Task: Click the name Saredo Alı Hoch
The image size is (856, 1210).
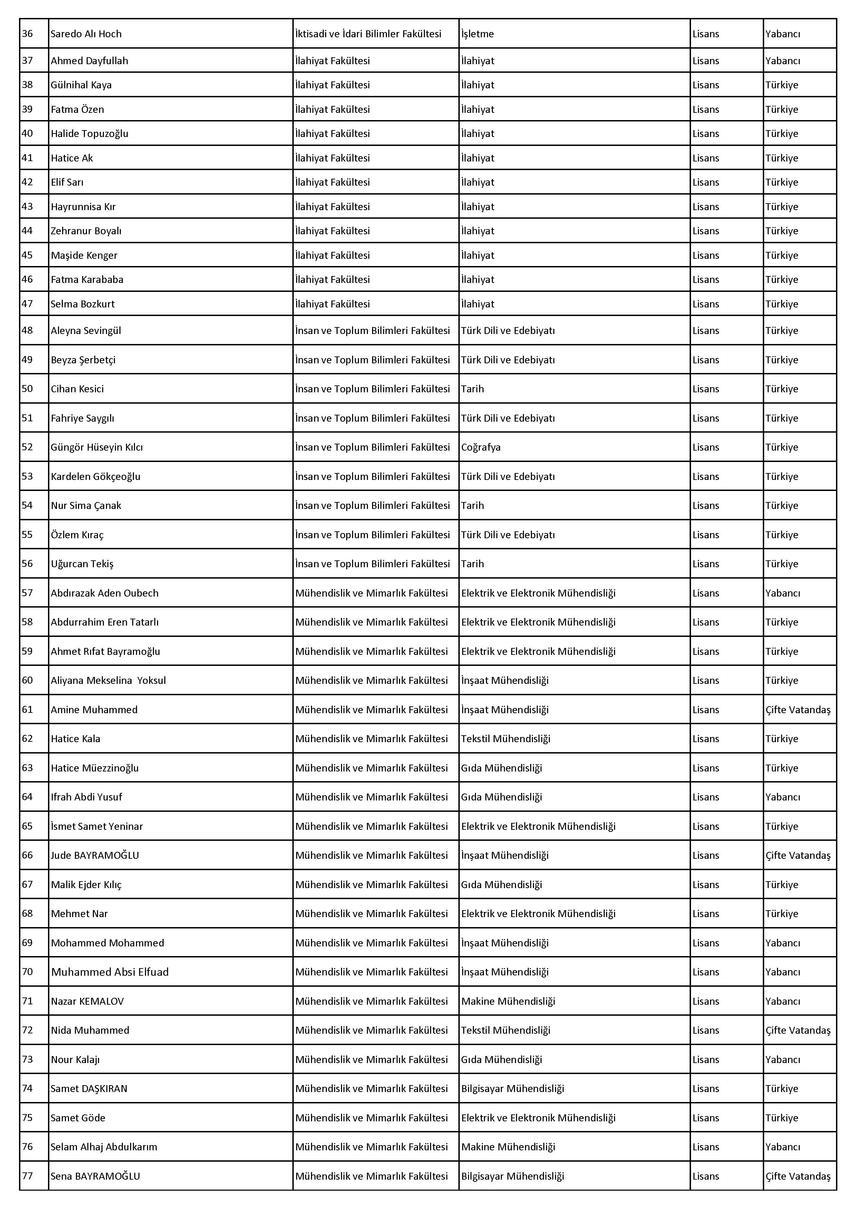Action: pyautogui.click(x=86, y=34)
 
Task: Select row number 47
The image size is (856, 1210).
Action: pyautogui.click(x=27, y=304)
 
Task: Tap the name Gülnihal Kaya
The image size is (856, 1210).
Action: pyautogui.click(x=81, y=85)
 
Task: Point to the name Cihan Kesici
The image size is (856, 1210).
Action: pyautogui.click(x=77, y=389)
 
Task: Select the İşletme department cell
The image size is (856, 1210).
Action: pyautogui.click(x=478, y=34)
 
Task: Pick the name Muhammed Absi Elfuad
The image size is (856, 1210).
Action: pyautogui.click(x=110, y=972)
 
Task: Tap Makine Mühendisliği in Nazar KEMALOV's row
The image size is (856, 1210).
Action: pyautogui.click(x=508, y=1001)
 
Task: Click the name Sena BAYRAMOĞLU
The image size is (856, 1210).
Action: pyautogui.click(x=95, y=1176)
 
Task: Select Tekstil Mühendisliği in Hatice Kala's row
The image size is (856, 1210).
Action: pyautogui.click(x=505, y=738)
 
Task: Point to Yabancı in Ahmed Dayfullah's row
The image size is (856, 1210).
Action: pyautogui.click(x=783, y=61)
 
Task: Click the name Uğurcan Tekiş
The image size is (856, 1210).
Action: pyautogui.click(x=82, y=563)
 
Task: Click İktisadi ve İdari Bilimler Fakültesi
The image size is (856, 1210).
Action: pyautogui.click(x=368, y=34)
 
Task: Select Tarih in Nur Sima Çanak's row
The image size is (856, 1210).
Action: pyautogui.click(x=472, y=505)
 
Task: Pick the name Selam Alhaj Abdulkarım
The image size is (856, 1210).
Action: pyautogui.click(x=104, y=1147)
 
